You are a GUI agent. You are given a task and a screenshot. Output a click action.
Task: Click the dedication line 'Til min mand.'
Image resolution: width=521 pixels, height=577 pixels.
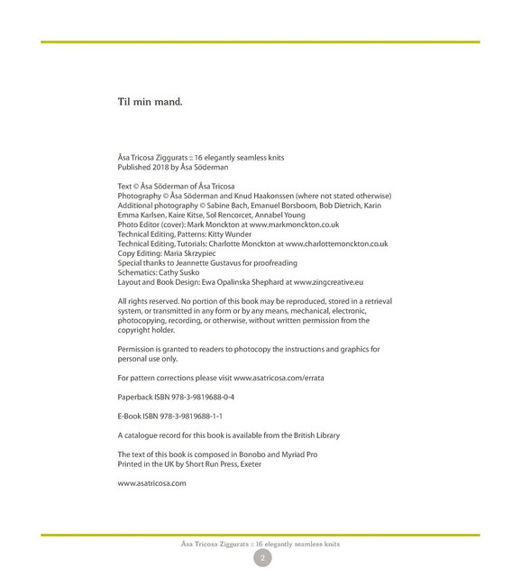pos(151,102)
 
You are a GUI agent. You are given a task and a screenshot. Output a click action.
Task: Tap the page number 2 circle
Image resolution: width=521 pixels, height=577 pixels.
pos(261,559)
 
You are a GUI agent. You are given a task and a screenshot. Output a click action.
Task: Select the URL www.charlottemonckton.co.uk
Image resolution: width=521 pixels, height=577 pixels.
pos(332,243)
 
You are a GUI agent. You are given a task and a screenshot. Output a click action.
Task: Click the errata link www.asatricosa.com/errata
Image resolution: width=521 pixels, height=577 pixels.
pos(279,378)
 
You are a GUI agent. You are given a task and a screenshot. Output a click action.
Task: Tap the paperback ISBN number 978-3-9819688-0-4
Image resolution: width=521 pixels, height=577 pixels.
pos(197,397)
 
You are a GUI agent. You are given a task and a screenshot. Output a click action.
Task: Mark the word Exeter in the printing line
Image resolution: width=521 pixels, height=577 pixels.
pos(251,463)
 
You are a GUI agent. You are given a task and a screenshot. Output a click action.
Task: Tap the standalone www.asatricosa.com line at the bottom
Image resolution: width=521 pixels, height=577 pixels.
pos(151,483)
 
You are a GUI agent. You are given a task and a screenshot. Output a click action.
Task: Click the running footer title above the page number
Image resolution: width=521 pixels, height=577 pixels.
pos(260,544)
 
